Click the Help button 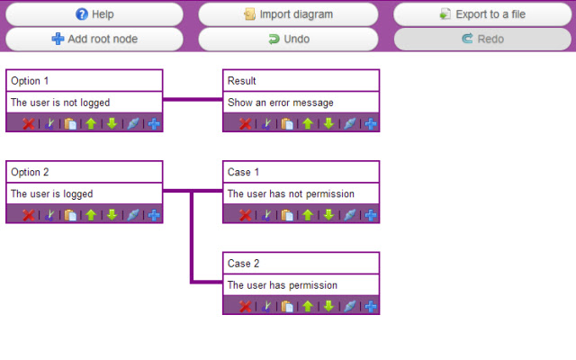coord(94,14)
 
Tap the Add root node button coord(94,39)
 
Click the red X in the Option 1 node coord(28,123)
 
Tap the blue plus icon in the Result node coord(371,123)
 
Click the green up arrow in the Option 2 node coord(91,214)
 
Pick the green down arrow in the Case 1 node coord(329,214)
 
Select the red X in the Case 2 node coord(245,306)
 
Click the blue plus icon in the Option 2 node coord(154,214)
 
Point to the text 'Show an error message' coord(280,103)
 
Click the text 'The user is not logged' coord(59,103)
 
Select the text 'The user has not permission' coord(291,193)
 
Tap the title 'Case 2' coord(243,263)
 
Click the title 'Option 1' coord(30,81)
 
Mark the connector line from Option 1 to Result coord(193,100)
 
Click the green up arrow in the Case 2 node coord(308,306)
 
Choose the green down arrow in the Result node coord(329,123)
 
